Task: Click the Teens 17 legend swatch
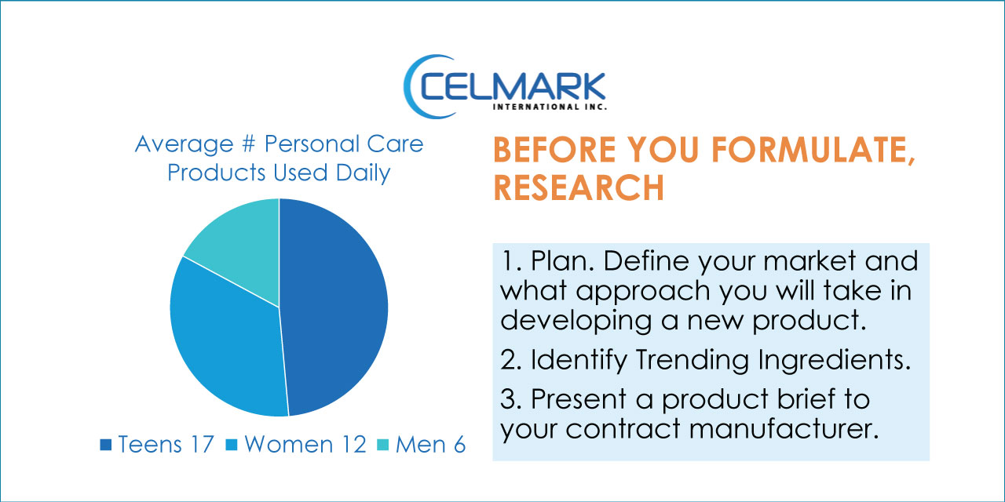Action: click(x=106, y=445)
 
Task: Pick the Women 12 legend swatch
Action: click(x=232, y=445)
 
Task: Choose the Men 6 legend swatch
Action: click(x=382, y=445)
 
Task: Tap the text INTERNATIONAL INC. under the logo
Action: click(x=550, y=107)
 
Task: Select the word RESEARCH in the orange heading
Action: click(x=579, y=187)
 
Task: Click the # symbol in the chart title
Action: click(x=248, y=144)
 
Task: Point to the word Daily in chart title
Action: click(x=363, y=173)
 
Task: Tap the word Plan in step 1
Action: click(x=563, y=261)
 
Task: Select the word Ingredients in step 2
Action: click(x=834, y=360)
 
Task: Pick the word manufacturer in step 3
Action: click(x=784, y=429)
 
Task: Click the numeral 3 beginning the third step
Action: click(x=507, y=399)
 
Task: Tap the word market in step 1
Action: click(x=809, y=261)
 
